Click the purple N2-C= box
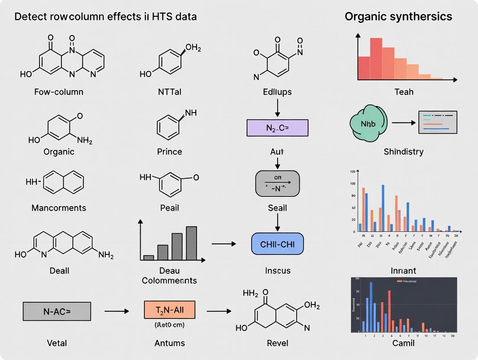pyautogui.click(x=277, y=128)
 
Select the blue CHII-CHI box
pyautogui.click(x=277, y=244)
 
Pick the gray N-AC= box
pyautogui.click(x=57, y=311)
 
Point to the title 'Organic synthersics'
pyautogui.click(x=398, y=16)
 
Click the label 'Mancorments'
pyautogui.click(x=59, y=208)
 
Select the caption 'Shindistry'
pyautogui.click(x=404, y=151)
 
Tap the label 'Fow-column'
pyautogui.click(x=59, y=92)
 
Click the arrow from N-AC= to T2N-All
pyautogui.click(x=117, y=311)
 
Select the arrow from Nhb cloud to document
pyautogui.click(x=403, y=123)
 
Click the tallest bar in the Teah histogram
pyautogui.click(x=376, y=58)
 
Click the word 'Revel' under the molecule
pyautogui.click(x=278, y=343)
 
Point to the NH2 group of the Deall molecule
pyautogui.click(x=106, y=255)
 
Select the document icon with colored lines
pyautogui.click(x=438, y=122)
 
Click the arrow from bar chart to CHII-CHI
pyautogui.click(x=224, y=244)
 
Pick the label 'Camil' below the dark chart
pyautogui.click(x=403, y=343)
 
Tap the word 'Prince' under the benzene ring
pyautogui.click(x=169, y=151)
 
